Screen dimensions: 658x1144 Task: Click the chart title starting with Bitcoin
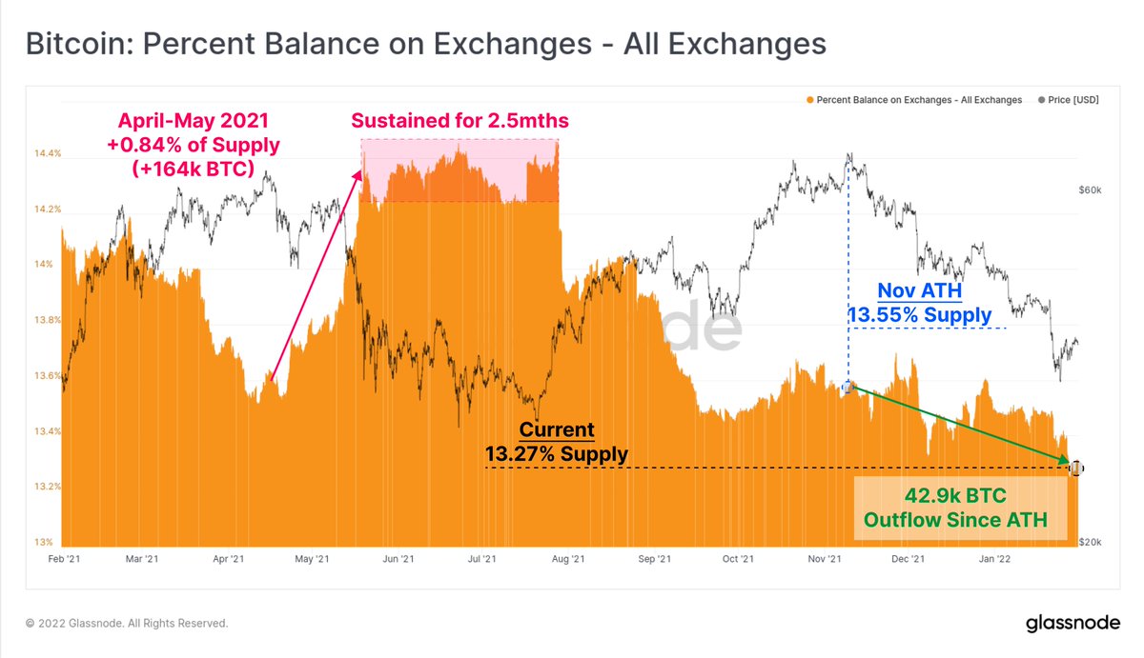click(x=425, y=44)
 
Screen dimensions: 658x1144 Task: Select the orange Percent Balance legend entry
click(x=913, y=99)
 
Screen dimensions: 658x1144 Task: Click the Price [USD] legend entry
click(x=1069, y=99)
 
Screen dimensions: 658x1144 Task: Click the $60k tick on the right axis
click(x=1090, y=190)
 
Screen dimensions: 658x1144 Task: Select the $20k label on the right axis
click(x=1090, y=542)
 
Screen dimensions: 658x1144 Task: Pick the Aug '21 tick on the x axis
click(x=569, y=559)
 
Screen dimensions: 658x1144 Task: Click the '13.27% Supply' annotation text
click(x=557, y=454)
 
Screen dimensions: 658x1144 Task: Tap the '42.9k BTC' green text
click(x=959, y=497)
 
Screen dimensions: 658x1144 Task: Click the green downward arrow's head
click(x=1065, y=463)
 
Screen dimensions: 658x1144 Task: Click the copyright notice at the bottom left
click(x=127, y=624)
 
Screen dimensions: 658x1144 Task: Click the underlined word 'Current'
click(x=557, y=430)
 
